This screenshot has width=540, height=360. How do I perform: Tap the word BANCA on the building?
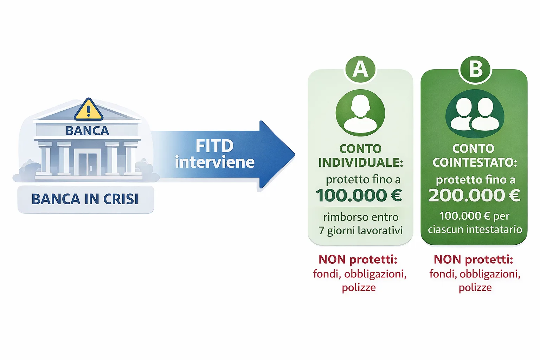[87, 131]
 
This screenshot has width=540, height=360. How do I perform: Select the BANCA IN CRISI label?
[85, 199]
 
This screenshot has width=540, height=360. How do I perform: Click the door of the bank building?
[88, 164]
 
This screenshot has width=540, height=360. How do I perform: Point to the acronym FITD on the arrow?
[214, 146]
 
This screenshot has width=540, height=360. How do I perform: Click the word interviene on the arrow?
[214, 162]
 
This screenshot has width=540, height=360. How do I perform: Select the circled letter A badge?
[360, 69]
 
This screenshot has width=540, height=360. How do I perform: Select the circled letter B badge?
[475, 69]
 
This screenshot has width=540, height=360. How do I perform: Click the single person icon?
[360, 113]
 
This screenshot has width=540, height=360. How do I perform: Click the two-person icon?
[475, 113]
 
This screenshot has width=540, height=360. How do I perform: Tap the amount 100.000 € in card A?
[359, 195]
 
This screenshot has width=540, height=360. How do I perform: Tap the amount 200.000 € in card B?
[474, 195]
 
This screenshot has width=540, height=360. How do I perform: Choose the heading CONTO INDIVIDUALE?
[360, 156]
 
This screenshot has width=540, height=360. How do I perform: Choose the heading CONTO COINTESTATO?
[474, 156]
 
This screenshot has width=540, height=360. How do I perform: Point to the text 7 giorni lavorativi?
[360, 231]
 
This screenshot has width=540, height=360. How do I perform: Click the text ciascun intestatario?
[475, 230]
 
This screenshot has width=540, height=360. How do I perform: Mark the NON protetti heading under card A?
[358, 259]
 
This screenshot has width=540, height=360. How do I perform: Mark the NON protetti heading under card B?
[473, 259]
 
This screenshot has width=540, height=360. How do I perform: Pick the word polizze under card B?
[475, 288]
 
